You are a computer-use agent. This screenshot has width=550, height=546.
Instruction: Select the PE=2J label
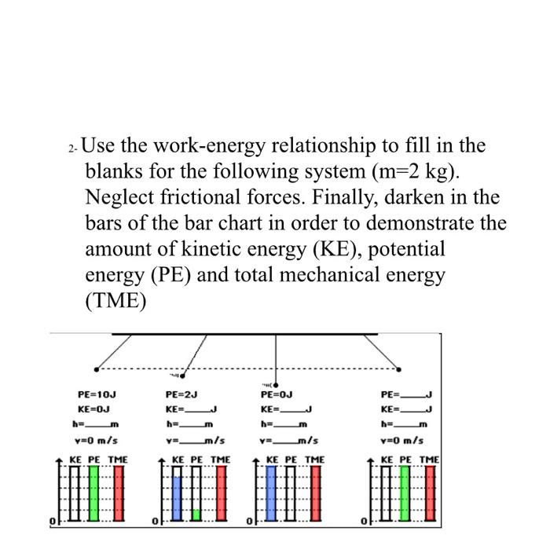tap(181, 394)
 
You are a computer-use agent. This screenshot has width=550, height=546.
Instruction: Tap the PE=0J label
tap(277, 394)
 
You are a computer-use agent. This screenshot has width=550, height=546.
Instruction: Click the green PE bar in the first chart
tap(95, 493)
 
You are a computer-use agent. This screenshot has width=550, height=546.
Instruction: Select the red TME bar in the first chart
tap(119, 493)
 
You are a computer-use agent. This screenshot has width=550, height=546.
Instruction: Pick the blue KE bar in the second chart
tap(177, 498)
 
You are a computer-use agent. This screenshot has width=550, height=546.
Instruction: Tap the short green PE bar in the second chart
tap(196, 514)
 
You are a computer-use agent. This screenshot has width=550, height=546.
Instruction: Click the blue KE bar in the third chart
tap(272, 493)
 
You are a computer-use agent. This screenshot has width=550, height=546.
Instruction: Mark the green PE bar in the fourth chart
tap(406, 493)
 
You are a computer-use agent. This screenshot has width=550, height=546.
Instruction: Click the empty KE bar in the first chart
tap(75, 493)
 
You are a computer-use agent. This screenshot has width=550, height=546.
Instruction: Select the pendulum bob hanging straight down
tap(276, 384)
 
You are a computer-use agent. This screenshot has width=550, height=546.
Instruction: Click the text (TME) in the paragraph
tap(115, 302)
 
